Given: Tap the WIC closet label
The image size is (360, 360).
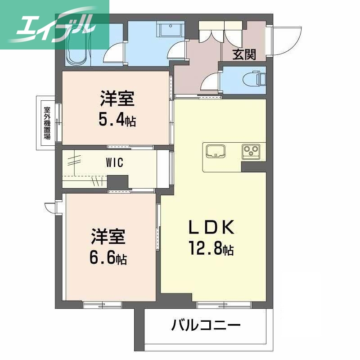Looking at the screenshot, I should (115, 163).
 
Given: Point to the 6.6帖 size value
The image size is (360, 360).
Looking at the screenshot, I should (108, 258).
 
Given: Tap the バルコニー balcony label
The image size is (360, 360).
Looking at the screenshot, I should (206, 325).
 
